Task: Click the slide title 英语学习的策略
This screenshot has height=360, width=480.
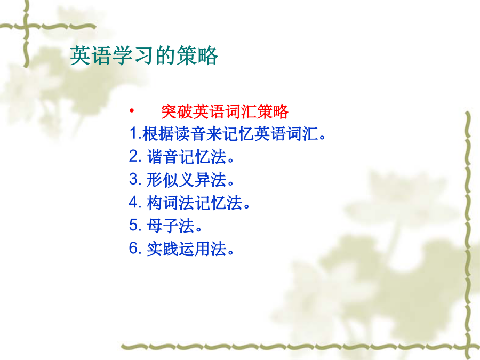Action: (144, 55)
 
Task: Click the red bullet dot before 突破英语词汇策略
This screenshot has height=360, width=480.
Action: (132, 110)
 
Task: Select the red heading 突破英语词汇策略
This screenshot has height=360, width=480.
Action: (225, 111)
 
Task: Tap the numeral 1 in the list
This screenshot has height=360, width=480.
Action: (133, 133)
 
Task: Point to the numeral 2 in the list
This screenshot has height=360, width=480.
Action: (134, 156)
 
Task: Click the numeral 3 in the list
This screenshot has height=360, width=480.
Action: (134, 179)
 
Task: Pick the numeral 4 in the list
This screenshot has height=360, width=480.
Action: (134, 202)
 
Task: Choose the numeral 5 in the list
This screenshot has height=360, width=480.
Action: (134, 225)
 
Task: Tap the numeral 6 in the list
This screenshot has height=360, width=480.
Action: (134, 248)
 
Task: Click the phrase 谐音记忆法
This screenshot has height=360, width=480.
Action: (187, 156)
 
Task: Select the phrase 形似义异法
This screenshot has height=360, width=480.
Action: (187, 179)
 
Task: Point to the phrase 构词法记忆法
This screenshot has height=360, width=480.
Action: (195, 202)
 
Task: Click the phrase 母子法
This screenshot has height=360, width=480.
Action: (171, 225)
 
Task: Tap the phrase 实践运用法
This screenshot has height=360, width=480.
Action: (187, 248)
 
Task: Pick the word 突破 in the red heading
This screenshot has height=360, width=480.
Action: (177, 111)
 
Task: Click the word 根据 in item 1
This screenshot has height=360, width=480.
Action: (158, 134)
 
